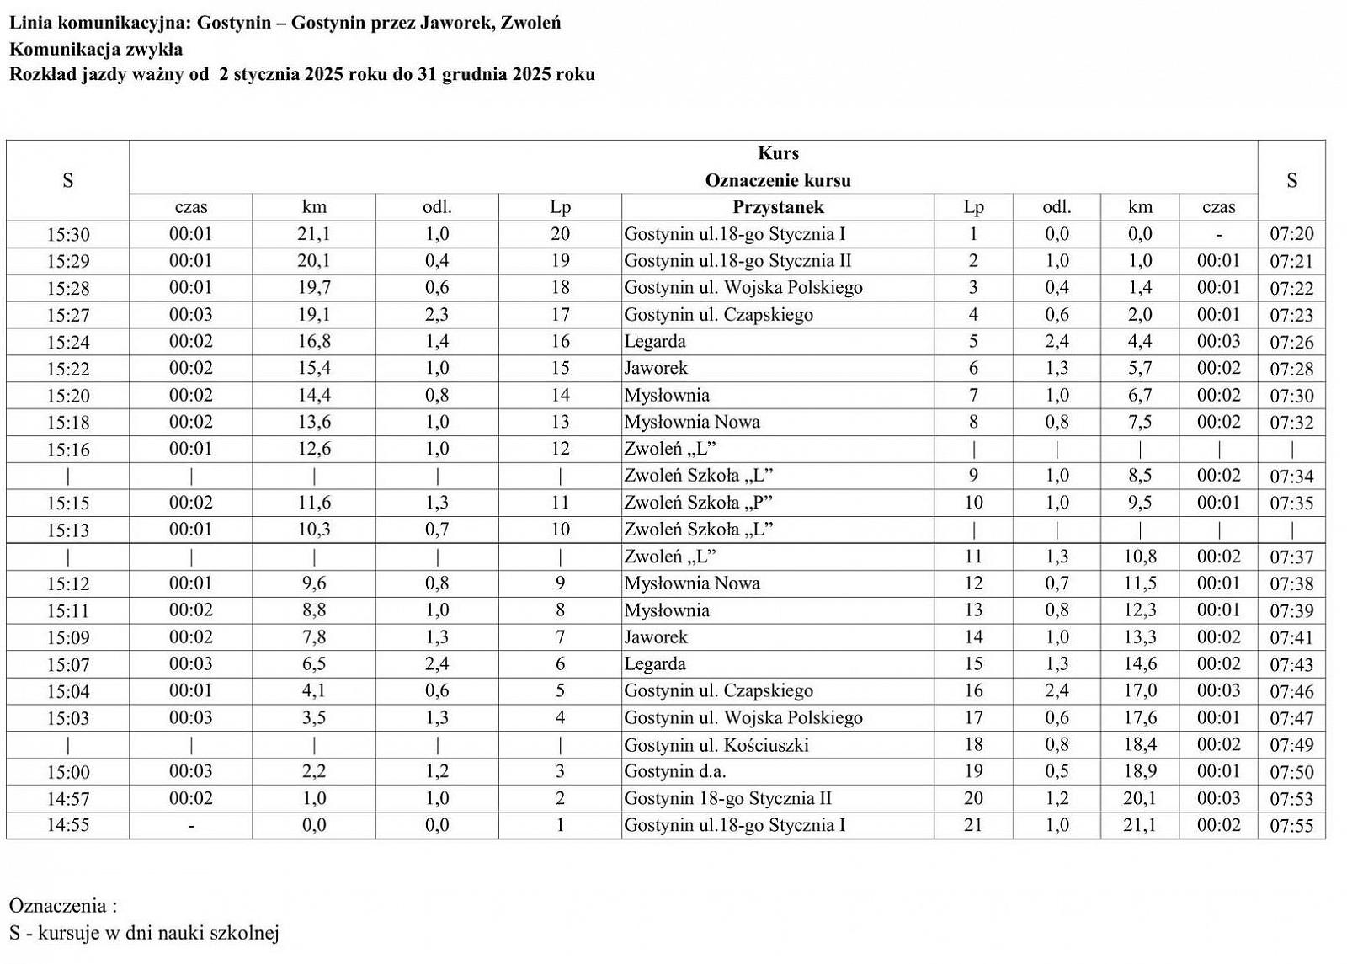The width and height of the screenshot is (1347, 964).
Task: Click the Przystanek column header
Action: point(777,207)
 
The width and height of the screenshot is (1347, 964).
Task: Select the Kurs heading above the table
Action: point(777,153)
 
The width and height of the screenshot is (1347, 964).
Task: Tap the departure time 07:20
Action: point(1291,234)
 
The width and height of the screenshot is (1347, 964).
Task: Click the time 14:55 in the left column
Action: point(67,825)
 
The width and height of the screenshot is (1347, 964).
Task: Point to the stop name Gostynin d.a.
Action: point(674,771)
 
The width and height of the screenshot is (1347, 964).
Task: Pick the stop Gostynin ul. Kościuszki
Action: point(716,745)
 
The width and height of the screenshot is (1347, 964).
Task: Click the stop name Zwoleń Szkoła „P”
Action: point(698,503)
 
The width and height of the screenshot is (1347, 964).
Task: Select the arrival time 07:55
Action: point(1291,826)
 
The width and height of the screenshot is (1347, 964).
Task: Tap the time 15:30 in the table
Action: point(67,234)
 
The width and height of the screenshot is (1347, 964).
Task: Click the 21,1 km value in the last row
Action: point(1139,825)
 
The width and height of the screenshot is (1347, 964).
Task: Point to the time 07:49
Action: point(1291,745)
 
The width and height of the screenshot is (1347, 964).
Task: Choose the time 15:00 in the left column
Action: point(67,772)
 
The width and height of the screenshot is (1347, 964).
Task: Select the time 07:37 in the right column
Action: point(1291,557)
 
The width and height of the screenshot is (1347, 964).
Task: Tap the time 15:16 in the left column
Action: point(67,450)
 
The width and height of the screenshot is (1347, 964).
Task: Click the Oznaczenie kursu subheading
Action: point(777,180)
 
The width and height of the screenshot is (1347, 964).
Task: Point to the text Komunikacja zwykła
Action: point(96,49)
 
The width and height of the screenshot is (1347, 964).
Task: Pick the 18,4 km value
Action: point(1139,745)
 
